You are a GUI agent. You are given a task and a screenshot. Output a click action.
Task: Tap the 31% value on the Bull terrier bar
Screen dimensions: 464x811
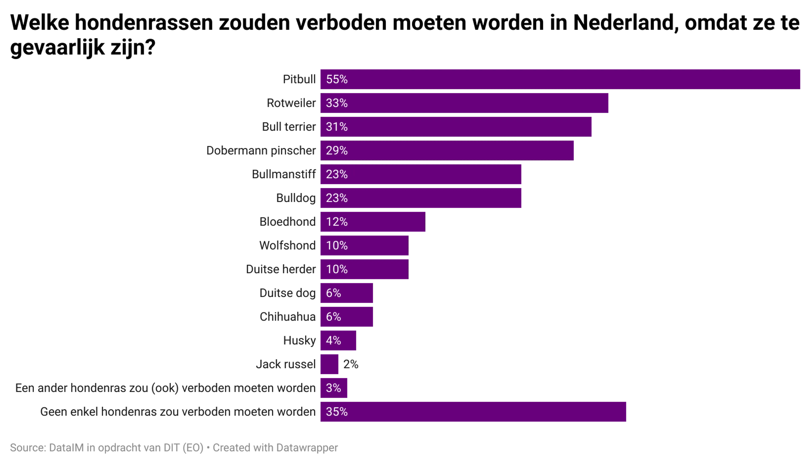[x=337, y=127]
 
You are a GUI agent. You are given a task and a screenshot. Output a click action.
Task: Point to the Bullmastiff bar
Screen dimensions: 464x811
[x=420, y=174]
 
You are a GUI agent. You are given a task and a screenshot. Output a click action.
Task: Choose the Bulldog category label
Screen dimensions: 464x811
[x=296, y=198]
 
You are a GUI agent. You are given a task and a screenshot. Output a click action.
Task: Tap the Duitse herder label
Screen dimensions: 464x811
[x=281, y=269]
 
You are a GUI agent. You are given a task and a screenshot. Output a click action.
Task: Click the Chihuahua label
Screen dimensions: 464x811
[x=288, y=317]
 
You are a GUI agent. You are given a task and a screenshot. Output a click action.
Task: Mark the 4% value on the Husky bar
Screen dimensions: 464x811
[x=333, y=340]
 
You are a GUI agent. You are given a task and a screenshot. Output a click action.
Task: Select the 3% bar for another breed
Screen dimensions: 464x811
[x=333, y=388]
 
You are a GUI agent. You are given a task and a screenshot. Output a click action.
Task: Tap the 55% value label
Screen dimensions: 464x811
[x=337, y=79]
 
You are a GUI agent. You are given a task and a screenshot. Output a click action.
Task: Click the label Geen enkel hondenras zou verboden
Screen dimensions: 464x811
[x=178, y=412]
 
